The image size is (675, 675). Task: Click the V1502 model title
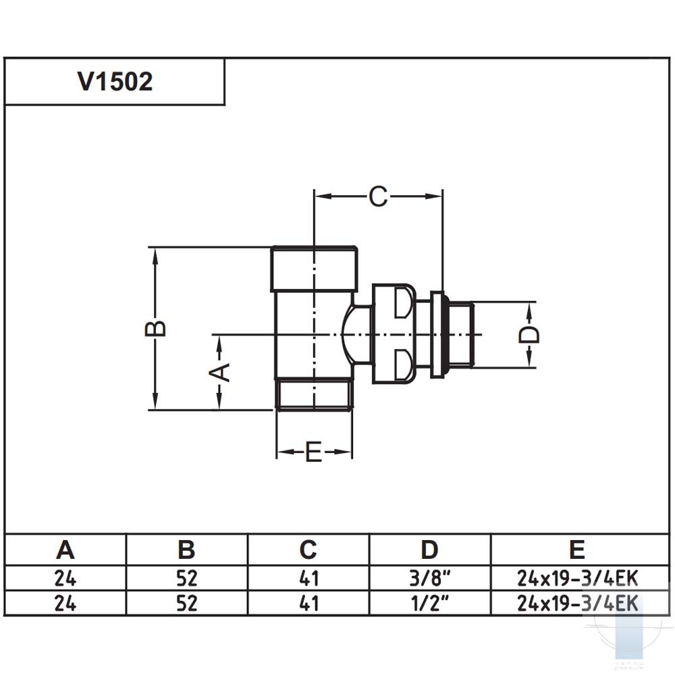pos(115,82)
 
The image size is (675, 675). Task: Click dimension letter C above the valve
pos(378,196)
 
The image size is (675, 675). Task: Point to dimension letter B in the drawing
pos(155,329)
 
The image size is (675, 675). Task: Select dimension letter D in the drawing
pos(529,335)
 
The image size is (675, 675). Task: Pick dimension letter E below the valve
pos(314,452)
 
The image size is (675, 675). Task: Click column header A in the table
pos(65,549)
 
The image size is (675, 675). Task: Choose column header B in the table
pos(186,549)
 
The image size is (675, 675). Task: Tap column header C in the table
pos(308,549)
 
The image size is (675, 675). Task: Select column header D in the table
pos(429,549)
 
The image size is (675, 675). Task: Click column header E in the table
pos(577,549)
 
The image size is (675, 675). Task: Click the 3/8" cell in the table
pos(429,578)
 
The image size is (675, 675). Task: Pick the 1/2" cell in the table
pos(429,603)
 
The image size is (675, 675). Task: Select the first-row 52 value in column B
pos(186,578)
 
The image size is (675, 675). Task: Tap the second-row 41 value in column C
pos(308,603)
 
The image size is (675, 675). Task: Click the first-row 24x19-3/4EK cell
pos(577,578)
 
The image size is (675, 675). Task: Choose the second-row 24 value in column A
pos(65,603)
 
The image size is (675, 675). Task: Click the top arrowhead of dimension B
pos(155,256)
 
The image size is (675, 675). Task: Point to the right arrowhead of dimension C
pos(433,196)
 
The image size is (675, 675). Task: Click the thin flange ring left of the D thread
pos(437,335)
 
